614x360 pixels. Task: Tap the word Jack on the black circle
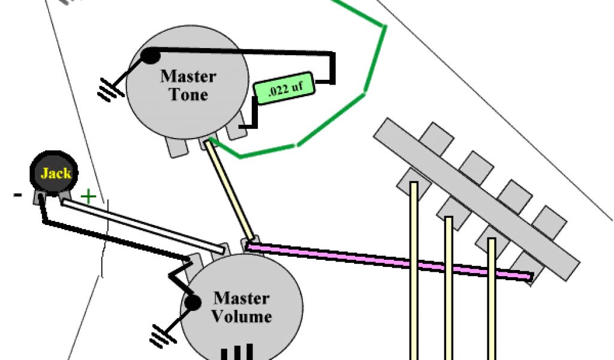pyautogui.click(x=56, y=174)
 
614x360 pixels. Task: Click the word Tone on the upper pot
pyautogui.click(x=188, y=95)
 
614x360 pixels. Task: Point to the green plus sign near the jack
pyautogui.click(x=88, y=196)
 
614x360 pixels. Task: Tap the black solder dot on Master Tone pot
pyautogui.click(x=150, y=56)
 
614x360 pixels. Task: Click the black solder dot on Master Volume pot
pyautogui.click(x=192, y=304)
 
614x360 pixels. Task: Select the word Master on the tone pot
pyautogui.click(x=188, y=77)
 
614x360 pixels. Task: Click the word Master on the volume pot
pyautogui.click(x=242, y=298)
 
